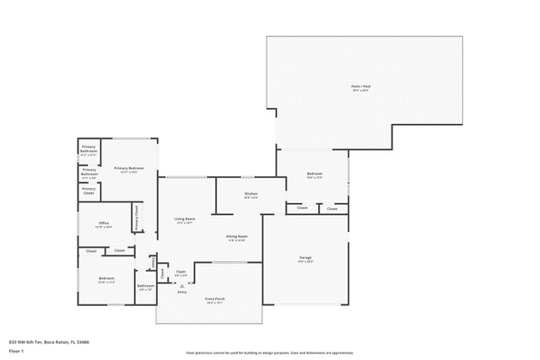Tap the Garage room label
(305, 257)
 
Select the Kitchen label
(251, 194)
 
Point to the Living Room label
(185, 219)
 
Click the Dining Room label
(236, 237)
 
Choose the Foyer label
(181, 271)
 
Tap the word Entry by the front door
(181, 292)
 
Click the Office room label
(104, 223)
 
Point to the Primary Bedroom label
(128, 169)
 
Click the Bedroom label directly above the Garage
(315, 175)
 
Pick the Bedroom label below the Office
(105, 278)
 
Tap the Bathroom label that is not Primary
(145, 286)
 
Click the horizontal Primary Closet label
(89, 191)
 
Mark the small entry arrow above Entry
(181, 285)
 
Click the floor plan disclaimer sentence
(269, 352)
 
